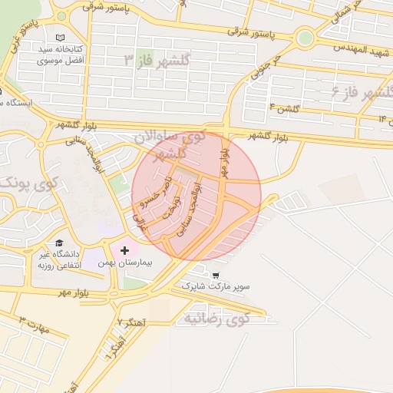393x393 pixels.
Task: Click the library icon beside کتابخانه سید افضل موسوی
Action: (61, 37)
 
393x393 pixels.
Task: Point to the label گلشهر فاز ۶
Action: (361, 93)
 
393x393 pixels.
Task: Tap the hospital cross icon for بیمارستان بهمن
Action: (124, 250)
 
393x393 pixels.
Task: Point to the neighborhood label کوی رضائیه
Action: (214, 318)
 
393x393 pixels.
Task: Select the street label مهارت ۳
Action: (34, 325)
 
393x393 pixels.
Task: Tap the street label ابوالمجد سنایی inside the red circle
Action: (187, 208)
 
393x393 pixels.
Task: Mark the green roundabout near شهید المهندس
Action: (305, 36)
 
